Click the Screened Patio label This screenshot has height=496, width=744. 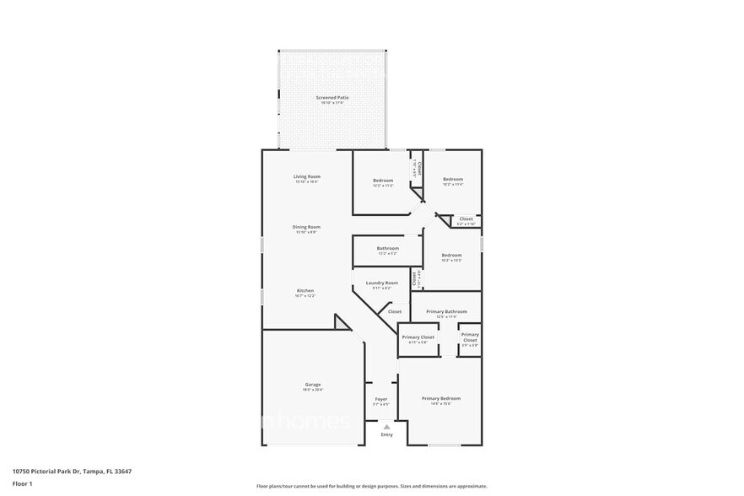pos(332,98)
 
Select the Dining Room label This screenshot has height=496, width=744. pos(306,227)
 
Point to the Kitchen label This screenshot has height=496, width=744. pos(305,291)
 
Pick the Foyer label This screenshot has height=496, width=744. pos(381,399)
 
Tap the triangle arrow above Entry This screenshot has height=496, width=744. pos(386,428)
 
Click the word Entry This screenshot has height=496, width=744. pos(386,435)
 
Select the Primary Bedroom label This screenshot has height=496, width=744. pos(441,398)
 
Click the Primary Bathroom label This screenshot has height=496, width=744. pos(446,311)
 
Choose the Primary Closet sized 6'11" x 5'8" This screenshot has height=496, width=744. pos(418,337)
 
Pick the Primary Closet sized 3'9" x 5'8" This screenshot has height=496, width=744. pos(470,337)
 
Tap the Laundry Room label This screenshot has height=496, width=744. pos(381,283)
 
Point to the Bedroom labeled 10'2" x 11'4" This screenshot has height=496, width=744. pos(453,179)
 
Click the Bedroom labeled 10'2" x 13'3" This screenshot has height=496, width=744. pos(451,256)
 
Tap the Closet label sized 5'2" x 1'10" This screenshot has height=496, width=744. pos(466,219)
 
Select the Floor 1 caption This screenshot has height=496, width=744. pos(23,483)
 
